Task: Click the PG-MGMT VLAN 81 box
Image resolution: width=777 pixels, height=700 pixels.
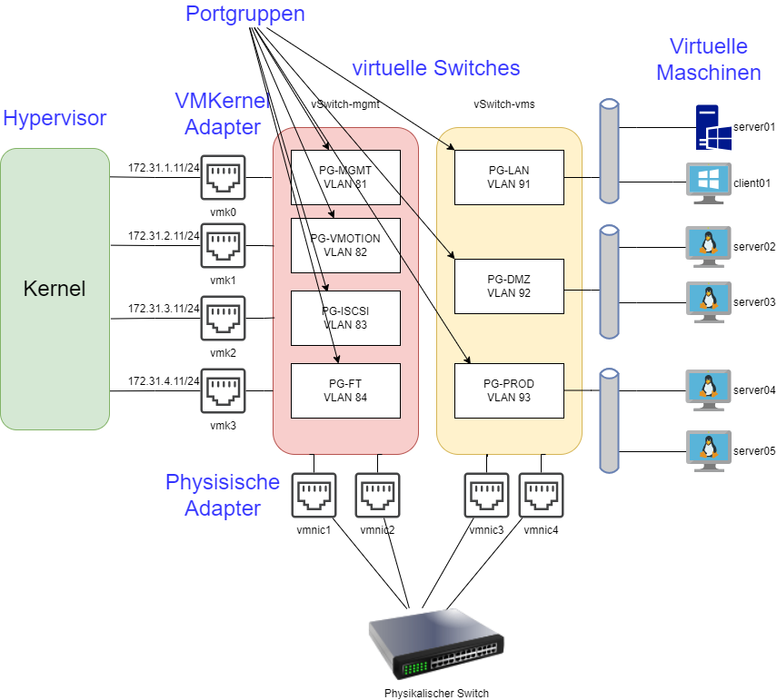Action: coord(345,177)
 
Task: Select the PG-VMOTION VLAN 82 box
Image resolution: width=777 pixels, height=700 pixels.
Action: coord(345,245)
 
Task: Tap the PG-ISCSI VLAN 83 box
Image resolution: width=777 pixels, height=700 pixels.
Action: coord(345,318)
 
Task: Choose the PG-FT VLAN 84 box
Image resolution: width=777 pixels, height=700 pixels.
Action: coord(345,390)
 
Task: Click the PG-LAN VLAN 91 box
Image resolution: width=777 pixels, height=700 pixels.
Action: coord(509,177)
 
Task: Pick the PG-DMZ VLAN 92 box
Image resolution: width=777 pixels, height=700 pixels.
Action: coord(509,286)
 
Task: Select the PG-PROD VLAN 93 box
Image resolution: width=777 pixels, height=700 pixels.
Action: coord(509,390)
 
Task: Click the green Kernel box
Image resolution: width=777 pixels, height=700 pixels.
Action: coord(55,289)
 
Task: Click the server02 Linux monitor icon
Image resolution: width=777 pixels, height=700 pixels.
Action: coord(708,246)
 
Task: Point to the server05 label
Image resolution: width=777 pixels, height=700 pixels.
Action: coord(754,450)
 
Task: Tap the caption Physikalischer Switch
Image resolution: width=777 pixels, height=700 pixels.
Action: coord(436,693)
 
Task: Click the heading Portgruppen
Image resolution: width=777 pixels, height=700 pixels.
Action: coord(245,14)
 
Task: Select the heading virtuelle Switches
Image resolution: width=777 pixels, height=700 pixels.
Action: coord(436,68)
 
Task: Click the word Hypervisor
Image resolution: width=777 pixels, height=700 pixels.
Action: coord(55,118)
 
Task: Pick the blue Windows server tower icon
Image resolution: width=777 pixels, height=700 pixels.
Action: coord(713,127)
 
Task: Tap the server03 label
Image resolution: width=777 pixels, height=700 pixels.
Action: coord(754,302)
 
